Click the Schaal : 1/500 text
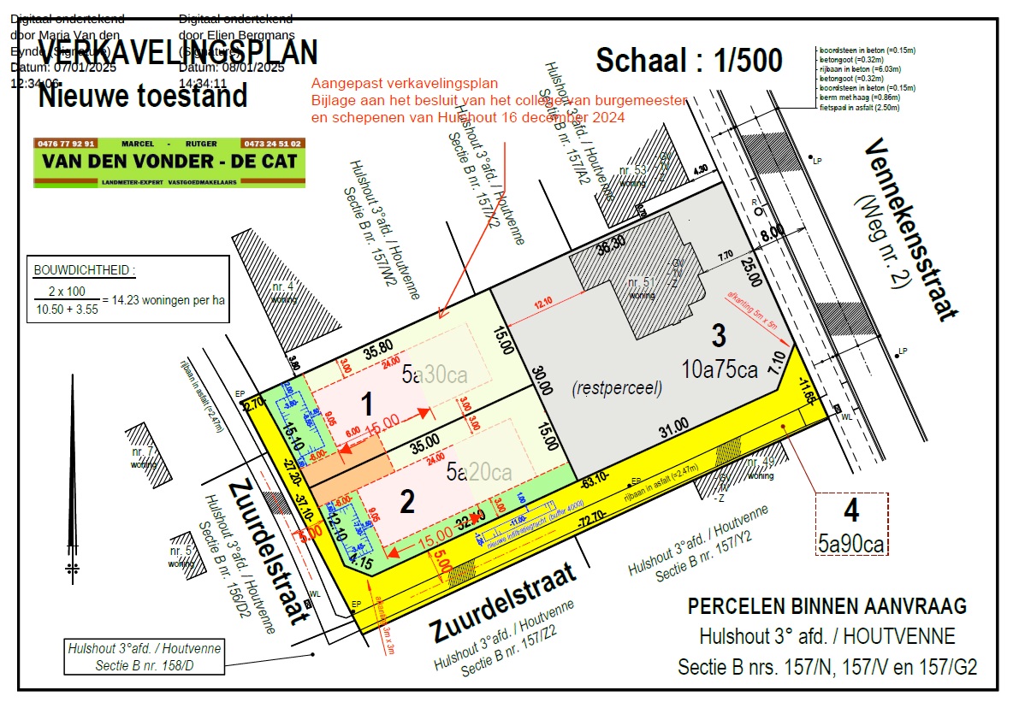(x=689, y=61)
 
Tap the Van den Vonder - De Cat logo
(x=169, y=162)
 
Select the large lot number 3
(x=720, y=334)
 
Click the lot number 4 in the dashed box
(x=850, y=511)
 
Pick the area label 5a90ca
(x=850, y=543)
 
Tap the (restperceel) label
(x=616, y=387)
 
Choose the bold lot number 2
(x=406, y=502)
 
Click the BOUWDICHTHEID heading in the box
(x=84, y=270)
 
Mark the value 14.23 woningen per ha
(x=163, y=300)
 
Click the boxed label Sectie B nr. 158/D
(x=145, y=656)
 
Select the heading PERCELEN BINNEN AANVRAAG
(x=827, y=606)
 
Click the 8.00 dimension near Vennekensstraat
(x=773, y=231)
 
